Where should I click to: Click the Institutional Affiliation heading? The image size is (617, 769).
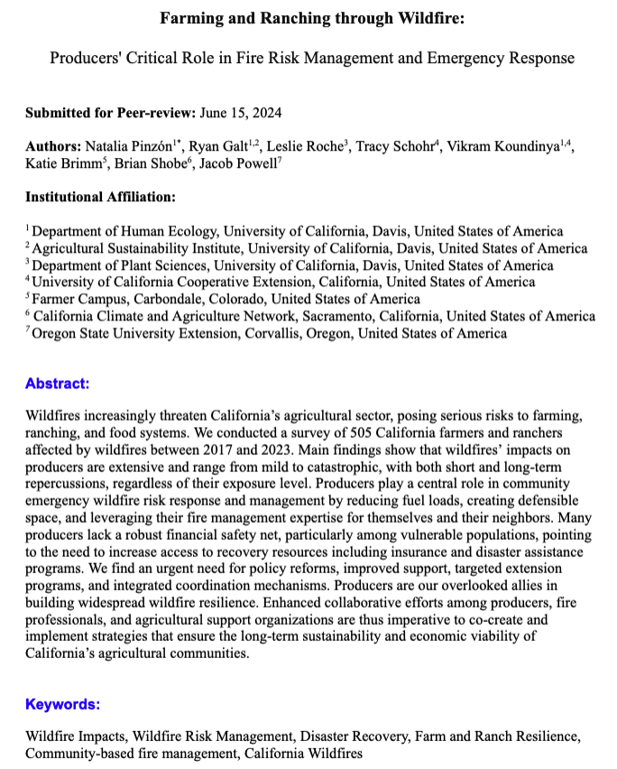pyautogui.click(x=100, y=196)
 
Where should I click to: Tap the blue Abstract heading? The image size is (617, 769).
pyautogui.click(x=57, y=384)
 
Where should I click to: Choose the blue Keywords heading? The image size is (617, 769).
pyautogui.click(x=62, y=704)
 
